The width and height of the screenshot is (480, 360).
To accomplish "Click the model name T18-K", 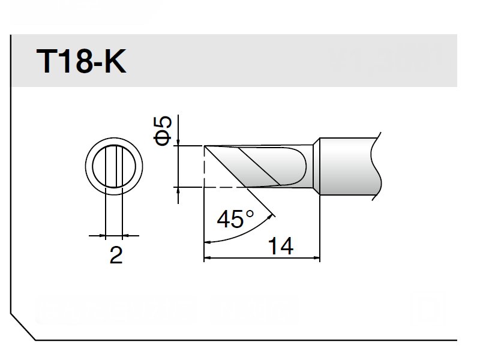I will pyautogui.click(x=82, y=62).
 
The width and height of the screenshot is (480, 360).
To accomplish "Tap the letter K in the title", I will pyautogui.click(x=115, y=62).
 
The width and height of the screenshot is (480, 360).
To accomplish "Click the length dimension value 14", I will pyautogui.click(x=280, y=246).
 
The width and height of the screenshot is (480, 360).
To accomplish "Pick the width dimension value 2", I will pyautogui.click(x=116, y=256).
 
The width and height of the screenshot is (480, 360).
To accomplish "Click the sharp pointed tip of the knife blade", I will pyautogui.click(x=205, y=146).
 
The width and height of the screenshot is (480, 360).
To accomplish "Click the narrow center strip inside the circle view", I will pyautogui.click(x=114, y=166).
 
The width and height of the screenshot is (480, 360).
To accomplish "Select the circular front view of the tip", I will pyautogui.click(x=114, y=166).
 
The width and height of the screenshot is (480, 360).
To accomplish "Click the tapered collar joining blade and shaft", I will pyautogui.click(x=314, y=166).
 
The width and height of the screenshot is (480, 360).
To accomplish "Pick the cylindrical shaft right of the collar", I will pyautogui.click(x=348, y=166).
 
